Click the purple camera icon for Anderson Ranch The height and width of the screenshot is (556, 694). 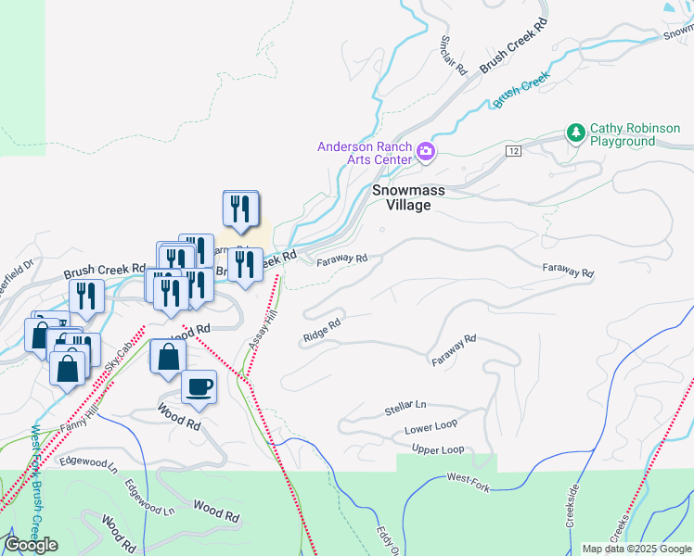(x=426, y=152)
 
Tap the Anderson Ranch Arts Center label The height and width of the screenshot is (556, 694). (x=365, y=153)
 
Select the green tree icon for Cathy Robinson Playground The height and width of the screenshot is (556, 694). (x=576, y=133)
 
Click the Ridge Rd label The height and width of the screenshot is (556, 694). (x=322, y=332)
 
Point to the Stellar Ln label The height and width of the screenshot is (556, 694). (x=405, y=408)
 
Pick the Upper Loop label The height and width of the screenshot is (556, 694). (x=438, y=450)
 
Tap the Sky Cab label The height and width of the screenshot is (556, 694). (x=115, y=357)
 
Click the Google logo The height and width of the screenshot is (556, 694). (x=31, y=545)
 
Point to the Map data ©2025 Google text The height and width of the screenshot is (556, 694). (x=636, y=549)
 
